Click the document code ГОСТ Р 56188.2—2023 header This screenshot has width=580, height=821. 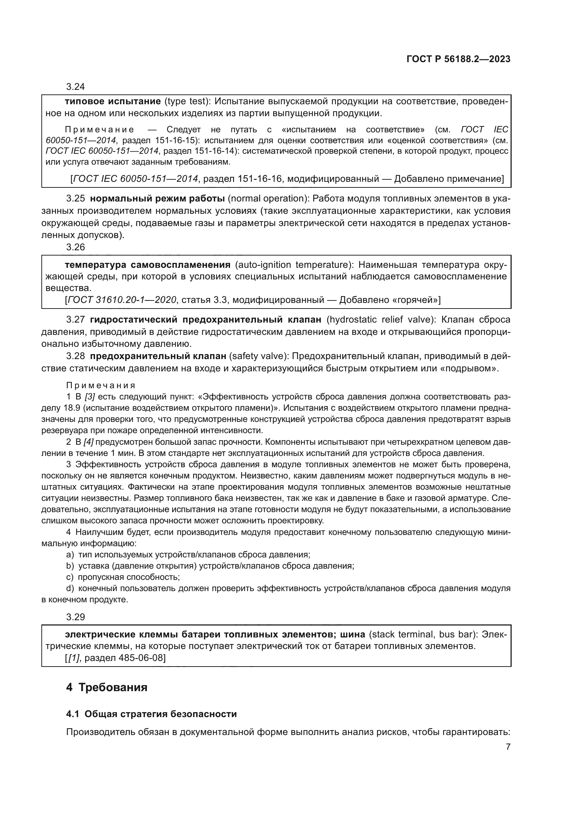tap(458, 59)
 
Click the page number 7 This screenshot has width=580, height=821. tap(508, 747)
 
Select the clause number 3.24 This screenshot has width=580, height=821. tap(75, 87)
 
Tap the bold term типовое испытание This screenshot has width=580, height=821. tap(113, 101)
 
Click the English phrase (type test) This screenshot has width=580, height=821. tap(186, 101)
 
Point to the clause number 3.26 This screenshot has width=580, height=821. tap(75, 247)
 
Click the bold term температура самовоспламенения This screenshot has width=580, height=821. tap(148, 265)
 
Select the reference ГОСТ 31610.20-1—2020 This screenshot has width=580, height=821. tap(122, 300)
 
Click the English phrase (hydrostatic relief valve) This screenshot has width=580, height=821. tap(379, 320)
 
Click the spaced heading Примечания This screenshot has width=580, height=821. tap(101, 385)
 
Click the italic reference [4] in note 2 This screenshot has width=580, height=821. tap(88, 442)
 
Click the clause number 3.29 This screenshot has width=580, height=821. tap(75, 617)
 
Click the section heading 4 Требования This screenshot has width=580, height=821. tap(107, 687)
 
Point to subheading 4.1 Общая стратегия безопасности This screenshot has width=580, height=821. tap(151, 714)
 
